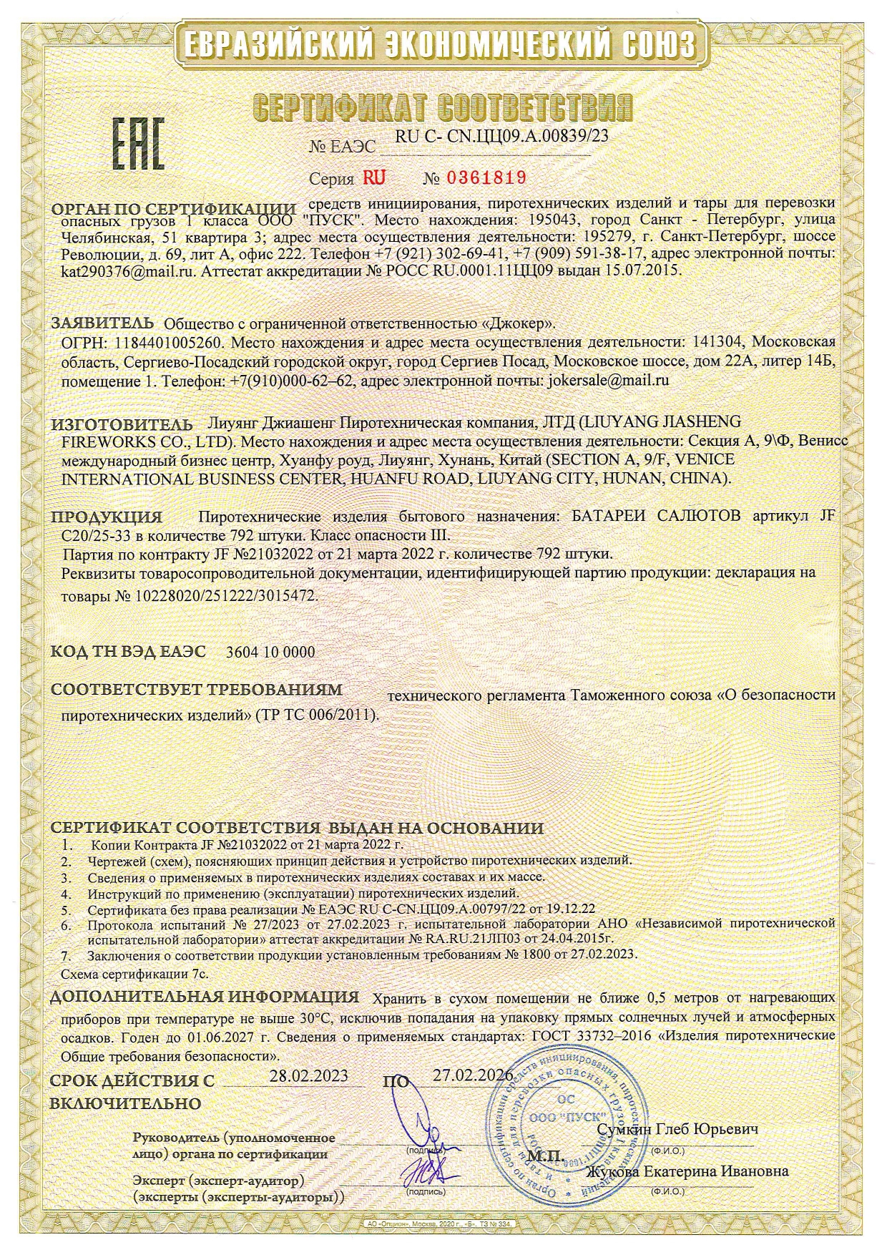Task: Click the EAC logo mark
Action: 137,144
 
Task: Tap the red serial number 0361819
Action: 486,177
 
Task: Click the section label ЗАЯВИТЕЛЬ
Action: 102,322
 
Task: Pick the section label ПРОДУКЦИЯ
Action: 107,517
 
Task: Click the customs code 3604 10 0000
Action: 270,652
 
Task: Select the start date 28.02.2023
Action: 309,1075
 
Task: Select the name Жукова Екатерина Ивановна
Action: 687,1171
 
